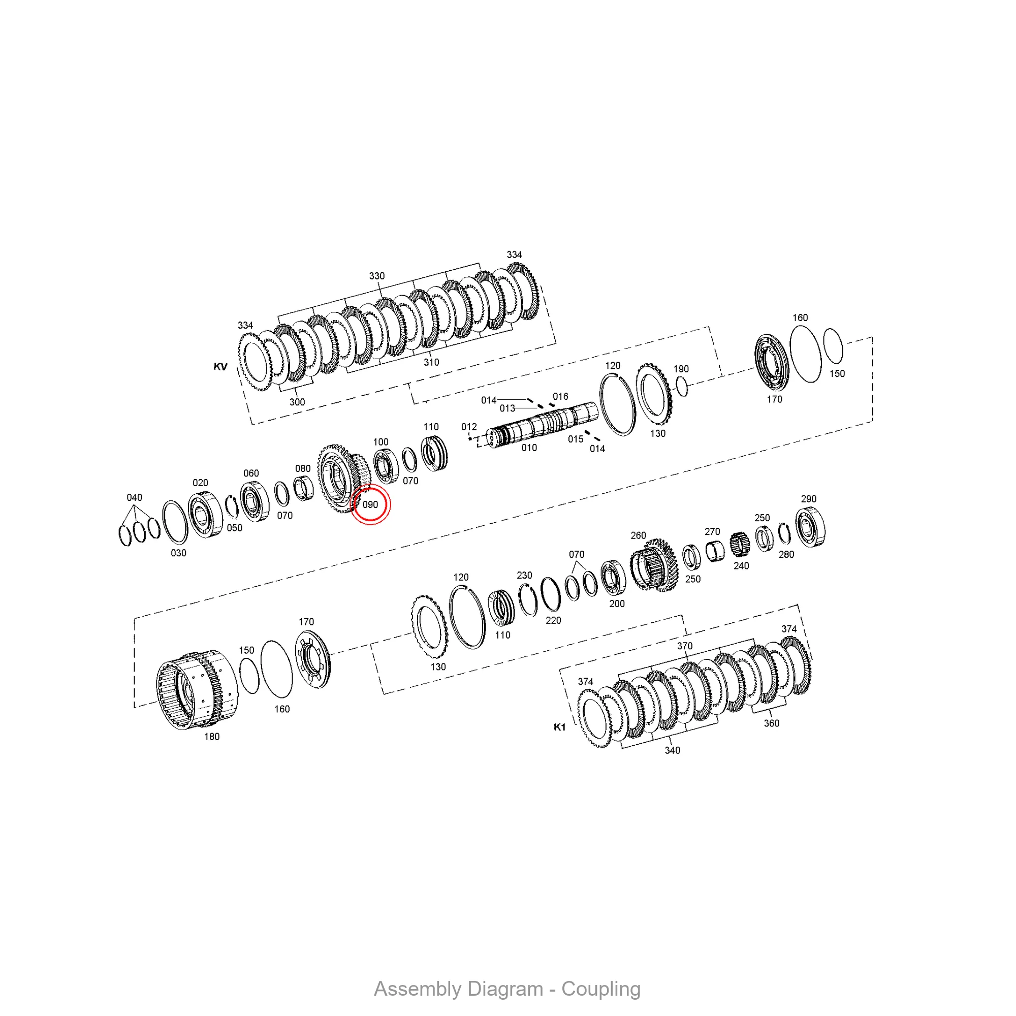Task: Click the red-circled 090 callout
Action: (370, 504)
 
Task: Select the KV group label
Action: (220, 367)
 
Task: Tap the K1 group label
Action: (559, 727)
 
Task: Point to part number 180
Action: (212, 737)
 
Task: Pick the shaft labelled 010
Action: (542, 424)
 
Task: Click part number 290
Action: (809, 499)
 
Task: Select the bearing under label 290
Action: (810, 527)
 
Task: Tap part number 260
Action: (639, 535)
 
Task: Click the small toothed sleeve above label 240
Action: (740, 547)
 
